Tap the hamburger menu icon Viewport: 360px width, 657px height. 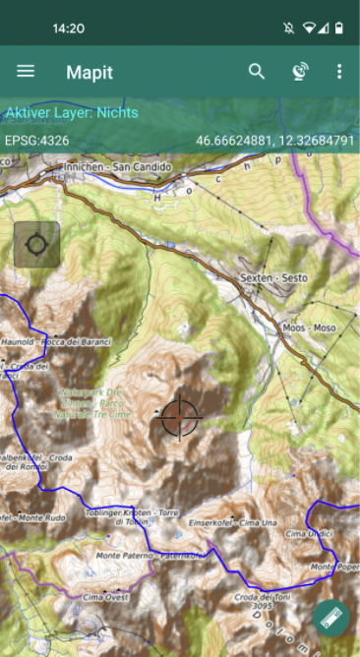click(26, 72)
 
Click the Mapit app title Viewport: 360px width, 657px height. click(90, 72)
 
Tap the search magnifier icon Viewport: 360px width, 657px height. click(257, 72)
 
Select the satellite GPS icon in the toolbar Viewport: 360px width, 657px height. click(300, 72)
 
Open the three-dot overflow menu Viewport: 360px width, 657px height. click(339, 72)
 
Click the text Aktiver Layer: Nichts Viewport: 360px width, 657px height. click(72, 113)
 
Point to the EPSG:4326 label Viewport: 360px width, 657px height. click(36, 141)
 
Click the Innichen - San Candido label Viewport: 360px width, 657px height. click(117, 167)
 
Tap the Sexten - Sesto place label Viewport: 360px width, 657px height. click(273, 278)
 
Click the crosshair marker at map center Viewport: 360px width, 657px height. click(179, 417)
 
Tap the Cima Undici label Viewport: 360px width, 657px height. click(304, 533)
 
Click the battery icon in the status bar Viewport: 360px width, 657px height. click(339, 28)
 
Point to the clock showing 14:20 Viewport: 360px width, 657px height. click(68, 29)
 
